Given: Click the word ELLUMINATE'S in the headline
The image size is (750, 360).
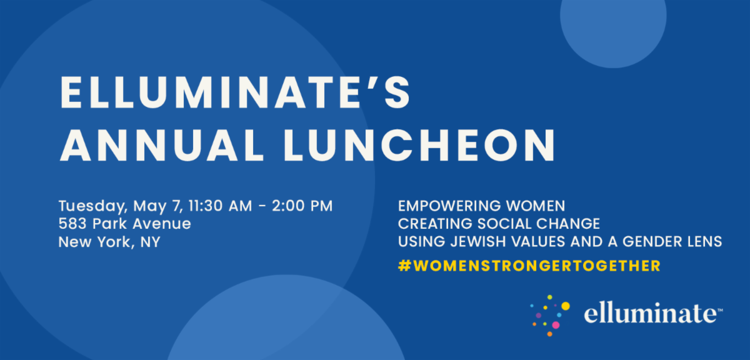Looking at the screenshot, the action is (235, 92).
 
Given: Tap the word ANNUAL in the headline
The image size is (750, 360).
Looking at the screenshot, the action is (162, 146).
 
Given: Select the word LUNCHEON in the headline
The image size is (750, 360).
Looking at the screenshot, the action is (420, 146).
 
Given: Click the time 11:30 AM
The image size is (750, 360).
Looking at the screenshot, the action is (220, 206).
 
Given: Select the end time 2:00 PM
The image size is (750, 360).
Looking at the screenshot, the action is (302, 206).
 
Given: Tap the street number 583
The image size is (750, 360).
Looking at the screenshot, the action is (72, 224).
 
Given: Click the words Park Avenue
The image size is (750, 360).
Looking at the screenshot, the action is (142, 224).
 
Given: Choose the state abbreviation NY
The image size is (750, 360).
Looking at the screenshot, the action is (151, 242).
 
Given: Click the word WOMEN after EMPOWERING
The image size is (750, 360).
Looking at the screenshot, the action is (536, 206).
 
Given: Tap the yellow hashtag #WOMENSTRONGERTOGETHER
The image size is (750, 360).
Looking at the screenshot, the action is (529, 266).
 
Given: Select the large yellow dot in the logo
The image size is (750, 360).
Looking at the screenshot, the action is (566, 306).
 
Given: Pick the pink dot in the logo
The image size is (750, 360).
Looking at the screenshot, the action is (556, 325).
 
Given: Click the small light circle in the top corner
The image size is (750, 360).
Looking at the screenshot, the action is (613, 20).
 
